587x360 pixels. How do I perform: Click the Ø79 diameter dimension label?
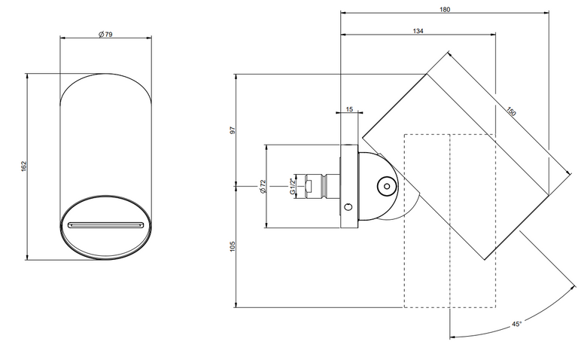coord(105,35)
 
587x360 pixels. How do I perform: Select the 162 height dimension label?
coord(24,166)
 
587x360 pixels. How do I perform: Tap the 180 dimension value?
coord(445,9)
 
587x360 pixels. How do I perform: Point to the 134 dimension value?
coord(418,31)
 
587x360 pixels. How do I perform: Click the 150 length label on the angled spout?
coord(512,111)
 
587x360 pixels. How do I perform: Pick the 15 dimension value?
coord(349,109)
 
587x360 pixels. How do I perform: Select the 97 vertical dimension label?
coord(233,130)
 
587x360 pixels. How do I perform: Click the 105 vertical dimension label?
coord(233,246)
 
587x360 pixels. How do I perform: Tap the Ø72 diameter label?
coord(263,186)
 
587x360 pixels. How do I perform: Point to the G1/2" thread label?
coord(293,186)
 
